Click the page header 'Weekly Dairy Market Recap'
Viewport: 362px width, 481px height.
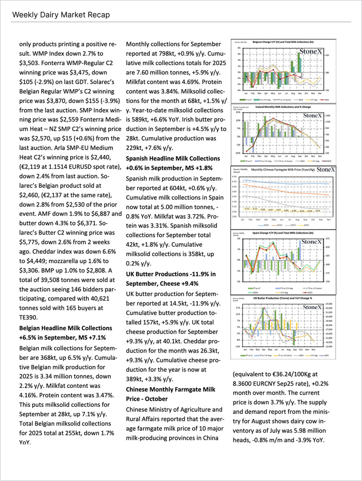point(61,15)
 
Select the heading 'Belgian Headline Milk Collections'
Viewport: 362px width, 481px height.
point(66,328)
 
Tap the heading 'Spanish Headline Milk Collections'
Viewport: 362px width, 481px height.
point(173,159)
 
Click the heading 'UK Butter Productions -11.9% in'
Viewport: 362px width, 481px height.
point(171,274)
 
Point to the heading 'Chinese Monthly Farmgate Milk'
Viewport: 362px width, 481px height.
point(171,389)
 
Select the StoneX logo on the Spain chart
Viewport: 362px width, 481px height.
point(311,242)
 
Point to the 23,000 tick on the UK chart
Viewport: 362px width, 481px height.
point(329,304)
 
